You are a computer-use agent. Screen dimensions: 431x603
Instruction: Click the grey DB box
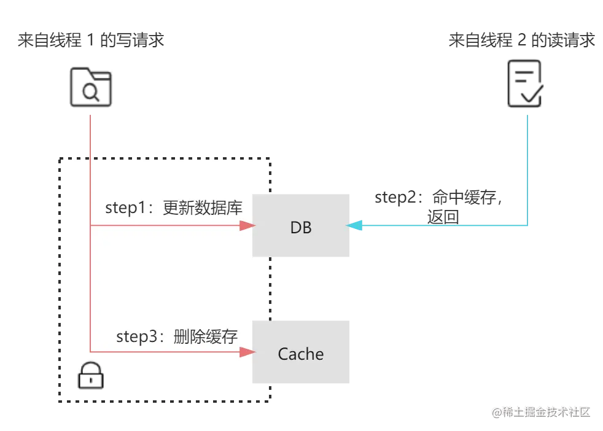[303, 225]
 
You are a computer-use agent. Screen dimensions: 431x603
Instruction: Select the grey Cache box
[303, 353]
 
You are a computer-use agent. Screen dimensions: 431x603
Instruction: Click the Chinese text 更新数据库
[203, 208]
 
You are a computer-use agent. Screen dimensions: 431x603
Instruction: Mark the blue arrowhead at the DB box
[353, 226]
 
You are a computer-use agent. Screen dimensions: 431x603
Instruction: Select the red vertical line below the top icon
[91, 172]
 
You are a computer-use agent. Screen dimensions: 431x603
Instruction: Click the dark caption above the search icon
[91, 41]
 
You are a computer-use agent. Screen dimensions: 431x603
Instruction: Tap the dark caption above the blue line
[523, 41]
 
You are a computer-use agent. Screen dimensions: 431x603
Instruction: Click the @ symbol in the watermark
[496, 412]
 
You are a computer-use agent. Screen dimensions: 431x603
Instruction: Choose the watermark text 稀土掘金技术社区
[546, 412]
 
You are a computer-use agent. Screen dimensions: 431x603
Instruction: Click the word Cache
[301, 354]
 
